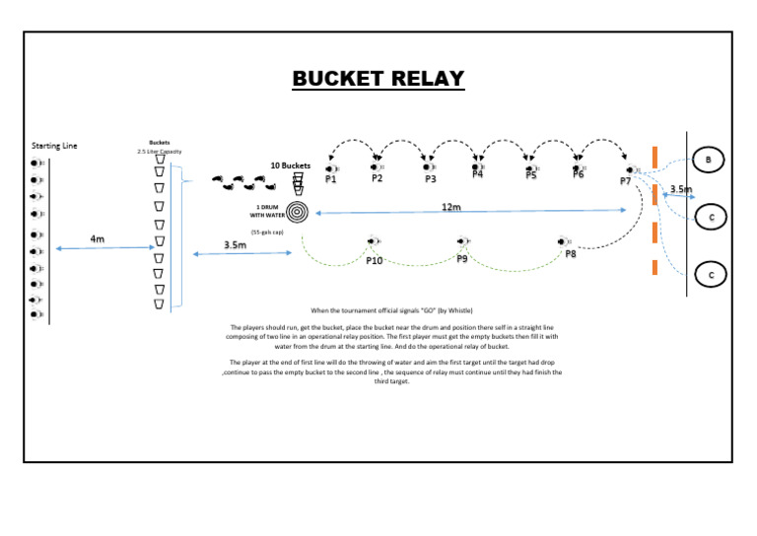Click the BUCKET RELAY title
378,79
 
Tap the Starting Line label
54,146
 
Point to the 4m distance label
98,238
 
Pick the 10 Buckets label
291,166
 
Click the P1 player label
331,179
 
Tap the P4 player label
478,175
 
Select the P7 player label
626,181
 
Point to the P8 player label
571,254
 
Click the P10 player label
375,261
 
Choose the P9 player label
462,258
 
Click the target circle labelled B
710,159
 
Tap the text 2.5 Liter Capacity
160,152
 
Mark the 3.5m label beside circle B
680,189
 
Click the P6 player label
579,174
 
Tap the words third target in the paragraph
391,380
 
